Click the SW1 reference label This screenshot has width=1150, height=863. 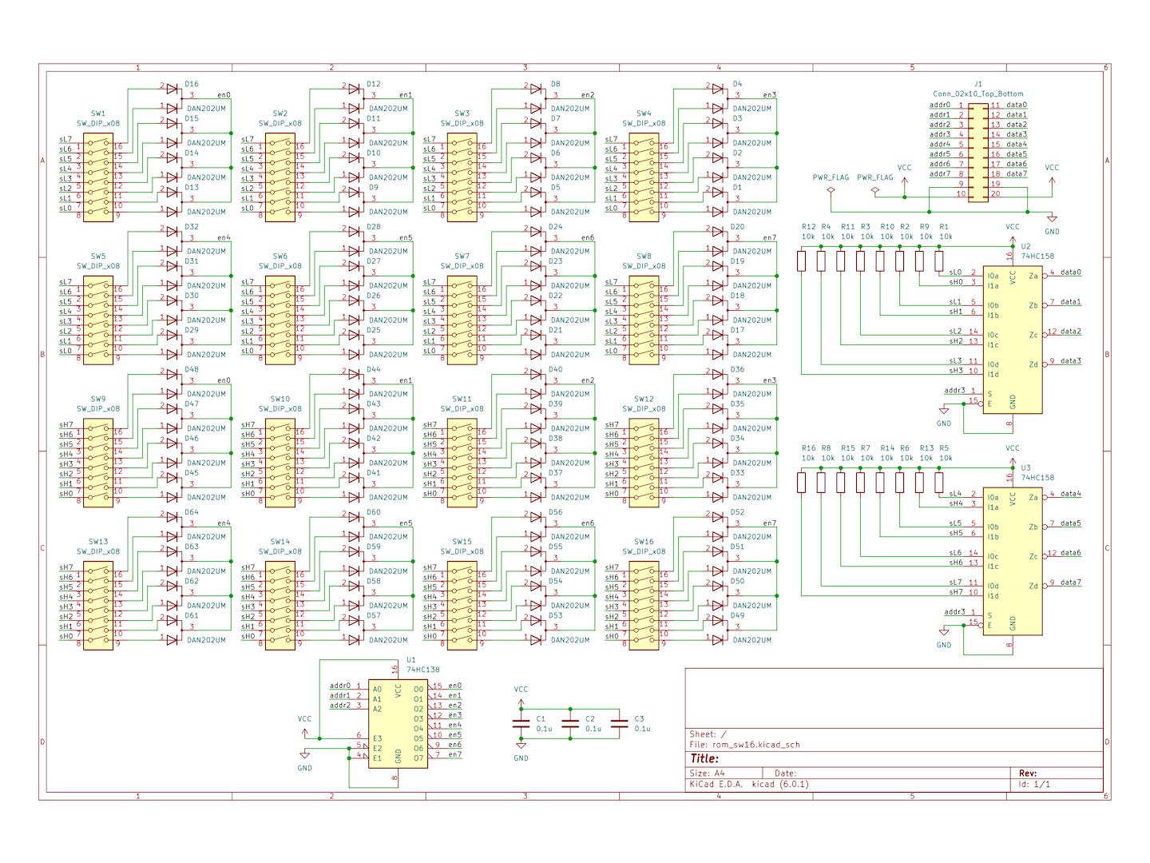98,113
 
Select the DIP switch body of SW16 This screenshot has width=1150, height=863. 644,604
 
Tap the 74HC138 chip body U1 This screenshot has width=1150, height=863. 398,724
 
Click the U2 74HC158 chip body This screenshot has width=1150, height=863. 1012,340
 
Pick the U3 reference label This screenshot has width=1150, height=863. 1025,467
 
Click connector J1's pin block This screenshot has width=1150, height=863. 978,153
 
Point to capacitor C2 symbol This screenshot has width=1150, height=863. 570,723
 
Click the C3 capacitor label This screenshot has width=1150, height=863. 639,718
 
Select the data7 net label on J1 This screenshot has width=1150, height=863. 1017,173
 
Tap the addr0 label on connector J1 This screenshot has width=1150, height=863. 939,105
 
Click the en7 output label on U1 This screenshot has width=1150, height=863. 454,754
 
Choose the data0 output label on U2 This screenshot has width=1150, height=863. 1070,272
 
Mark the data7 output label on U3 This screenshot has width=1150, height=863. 1070,583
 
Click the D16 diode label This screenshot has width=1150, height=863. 192,84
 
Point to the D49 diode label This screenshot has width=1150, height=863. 737,615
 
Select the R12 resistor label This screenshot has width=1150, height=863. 808,227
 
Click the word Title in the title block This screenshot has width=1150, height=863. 704,758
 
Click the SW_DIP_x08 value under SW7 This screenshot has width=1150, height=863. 462,266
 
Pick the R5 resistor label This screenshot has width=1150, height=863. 944,448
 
